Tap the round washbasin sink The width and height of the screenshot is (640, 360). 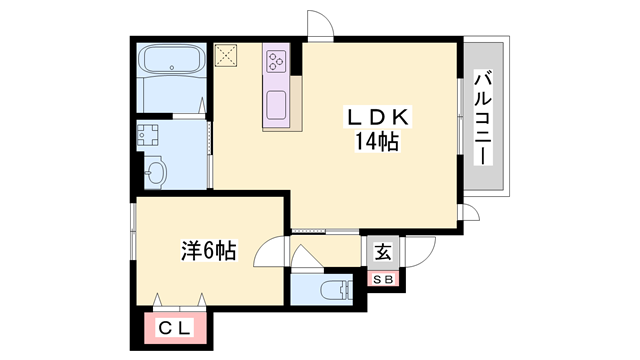click(156, 173)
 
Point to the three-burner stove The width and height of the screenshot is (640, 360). click(276, 61)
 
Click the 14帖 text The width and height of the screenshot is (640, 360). click(375, 142)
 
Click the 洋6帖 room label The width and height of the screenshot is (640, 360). click(208, 250)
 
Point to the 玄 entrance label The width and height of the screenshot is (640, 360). click(383, 252)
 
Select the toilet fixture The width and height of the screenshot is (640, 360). click(330, 290)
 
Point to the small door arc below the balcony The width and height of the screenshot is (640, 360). click(471, 213)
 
